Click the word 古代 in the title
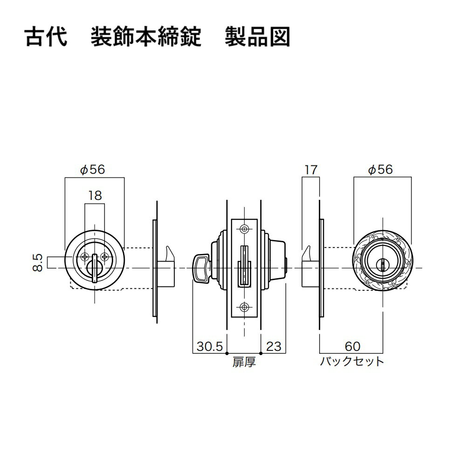click(x=46, y=37)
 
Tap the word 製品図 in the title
click(x=257, y=37)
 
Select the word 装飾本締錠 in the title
click(x=146, y=37)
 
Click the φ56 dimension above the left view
click(x=93, y=170)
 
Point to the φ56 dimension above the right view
click(x=380, y=170)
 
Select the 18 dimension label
click(x=95, y=196)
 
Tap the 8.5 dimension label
click(x=38, y=262)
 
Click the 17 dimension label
click(x=311, y=170)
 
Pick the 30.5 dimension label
click(x=210, y=346)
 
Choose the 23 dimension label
click(x=274, y=346)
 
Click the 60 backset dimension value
click(x=352, y=346)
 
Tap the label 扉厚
click(x=244, y=362)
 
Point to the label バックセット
click(x=352, y=362)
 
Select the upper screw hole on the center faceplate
click(x=244, y=229)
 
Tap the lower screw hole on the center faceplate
click(x=244, y=307)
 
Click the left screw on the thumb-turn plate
click(x=85, y=256)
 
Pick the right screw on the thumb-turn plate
click(x=104, y=256)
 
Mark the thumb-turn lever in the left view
click(x=95, y=268)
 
